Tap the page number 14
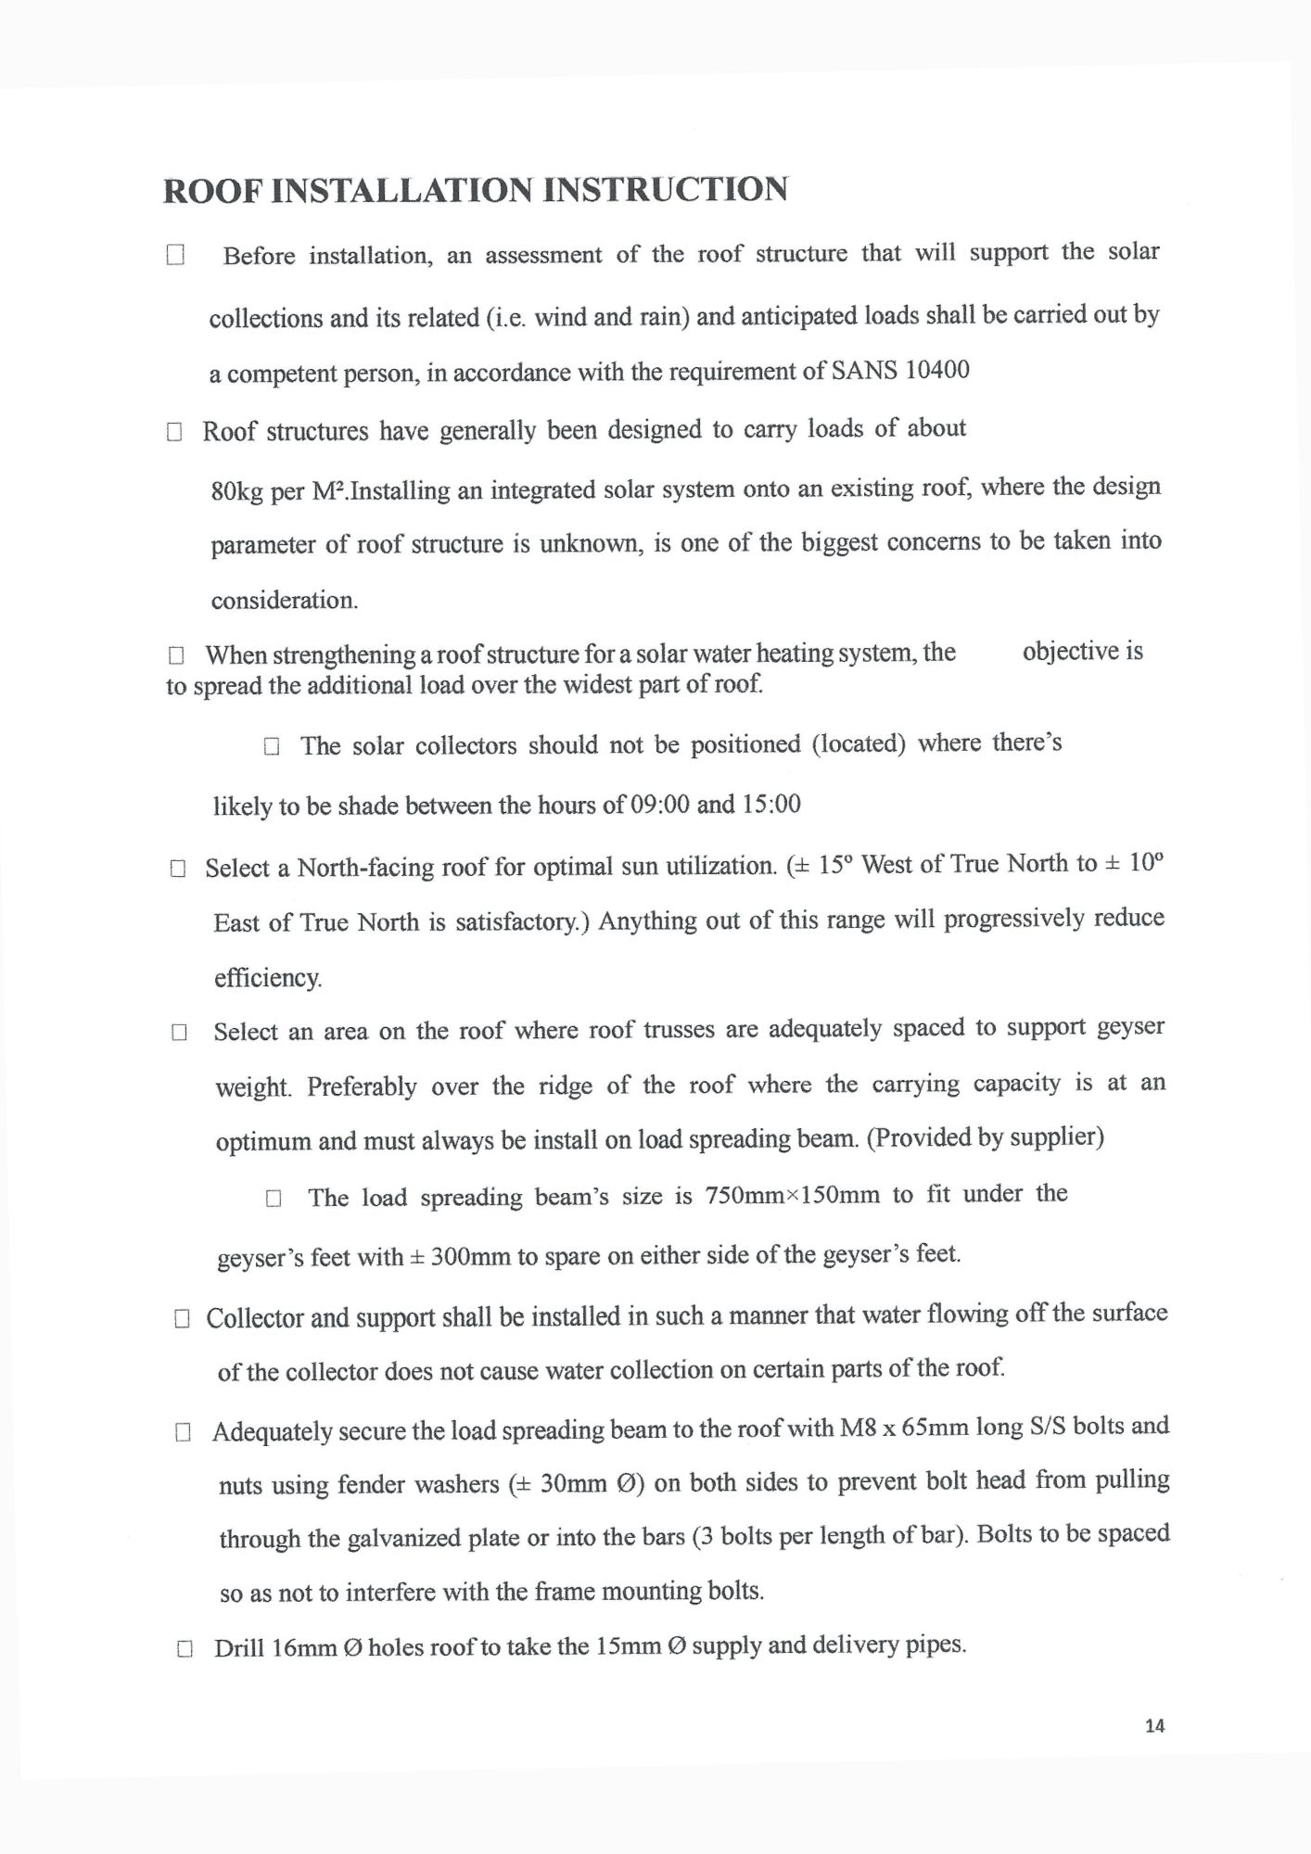click(x=1154, y=1725)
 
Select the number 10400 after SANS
click(x=936, y=370)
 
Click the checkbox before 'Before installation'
click(x=175, y=255)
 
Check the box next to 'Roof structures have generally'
click(x=174, y=432)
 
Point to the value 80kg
click(x=237, y=491)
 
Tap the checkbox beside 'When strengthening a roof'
click(x=176, y=656)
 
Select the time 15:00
click(x=771, y=804)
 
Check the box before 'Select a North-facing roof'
click(x=178, y=869)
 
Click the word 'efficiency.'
click(x=267, y=978)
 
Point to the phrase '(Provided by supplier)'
click(x=985, y=1137)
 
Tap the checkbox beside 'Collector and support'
click(x=182, y=1319)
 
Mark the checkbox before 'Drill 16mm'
click(x=184, y=1649)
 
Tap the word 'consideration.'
click(x=285, y=600)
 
